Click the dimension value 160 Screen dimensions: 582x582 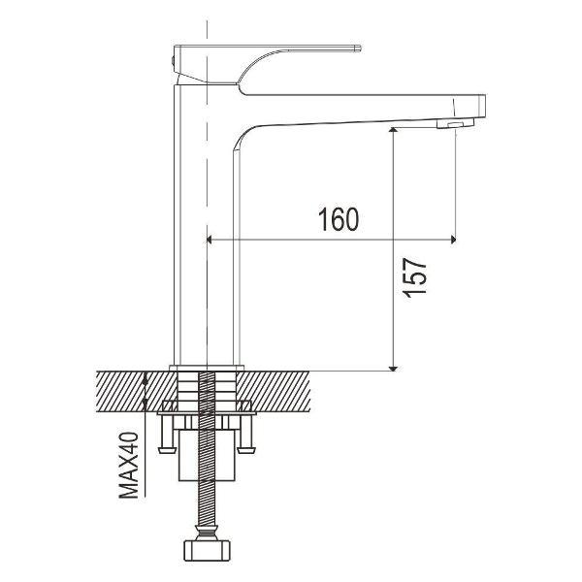coord(339,219)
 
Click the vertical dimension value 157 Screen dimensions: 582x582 coord(414,277)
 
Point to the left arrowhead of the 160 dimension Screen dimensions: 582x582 coord(209,240)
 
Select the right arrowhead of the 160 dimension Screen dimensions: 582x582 coord(453,240)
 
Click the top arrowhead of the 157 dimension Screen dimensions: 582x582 coord(394,130)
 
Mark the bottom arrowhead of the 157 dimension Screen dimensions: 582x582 coord(394,369)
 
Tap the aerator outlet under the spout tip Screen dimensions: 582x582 coord(456,123)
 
